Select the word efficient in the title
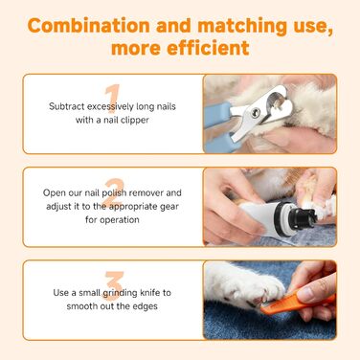(x=209, y=45)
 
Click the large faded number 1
(x=113, y=101)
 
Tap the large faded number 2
(x=113, y=193)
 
